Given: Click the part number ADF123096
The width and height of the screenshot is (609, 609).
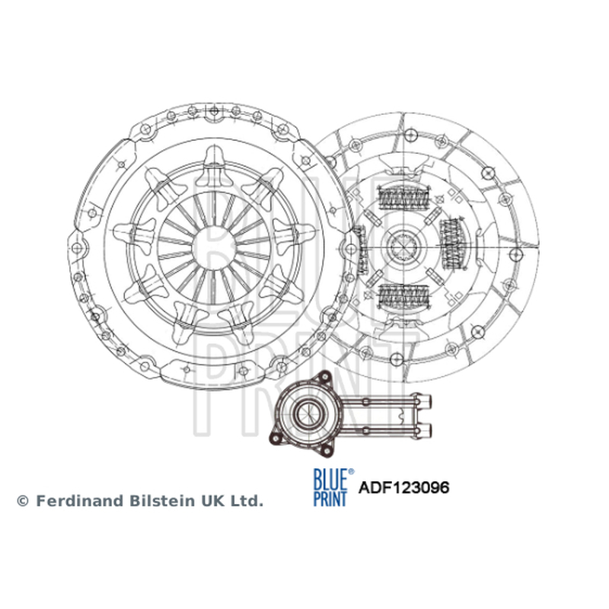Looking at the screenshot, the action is coord(403,487).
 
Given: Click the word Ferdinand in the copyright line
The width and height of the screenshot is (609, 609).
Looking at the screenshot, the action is coord(81,501).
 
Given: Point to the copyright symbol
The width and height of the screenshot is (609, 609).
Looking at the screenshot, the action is coord(23,501).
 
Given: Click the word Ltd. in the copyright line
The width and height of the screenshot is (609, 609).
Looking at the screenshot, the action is coord(247,501).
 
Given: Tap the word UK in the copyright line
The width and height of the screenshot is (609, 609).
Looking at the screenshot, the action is coord(213,501).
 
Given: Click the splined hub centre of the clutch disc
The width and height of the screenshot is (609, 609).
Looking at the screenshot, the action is coord(404,247).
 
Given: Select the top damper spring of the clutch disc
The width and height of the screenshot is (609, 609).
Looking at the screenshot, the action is coord(404,199).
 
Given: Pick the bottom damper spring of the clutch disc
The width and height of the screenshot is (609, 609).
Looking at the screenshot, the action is coord(404,295).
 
